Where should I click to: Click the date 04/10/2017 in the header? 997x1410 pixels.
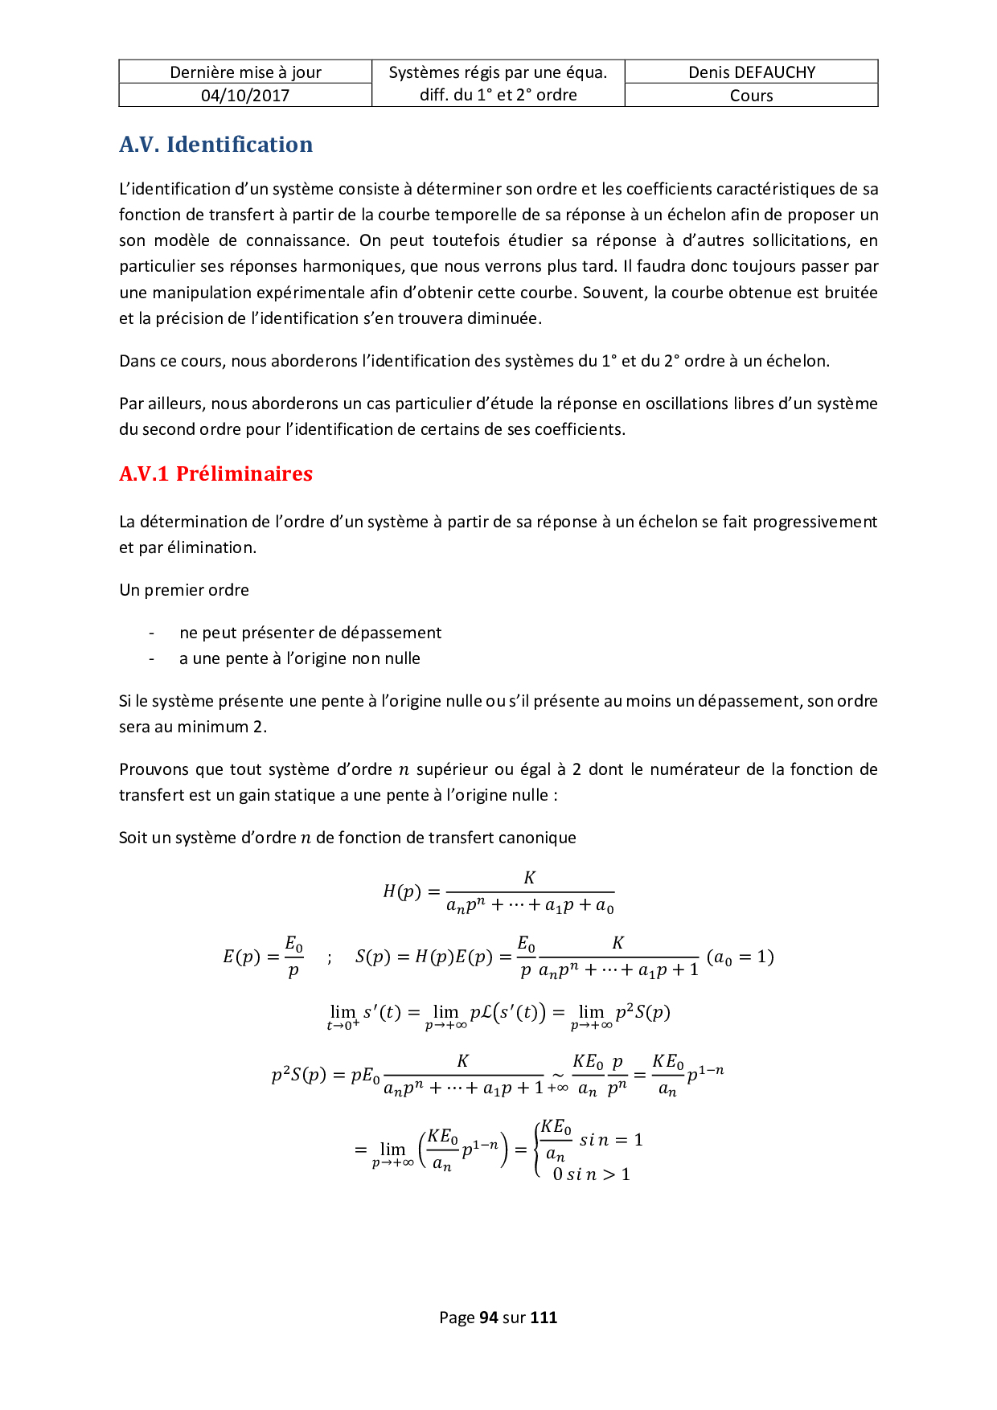tap(245, 95)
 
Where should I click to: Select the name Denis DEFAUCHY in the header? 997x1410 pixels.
tap(751, 72)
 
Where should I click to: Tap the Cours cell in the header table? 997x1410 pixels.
tap(751, 96)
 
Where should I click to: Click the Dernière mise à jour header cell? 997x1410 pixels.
tap(245, 72)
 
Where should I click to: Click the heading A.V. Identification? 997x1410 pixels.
tap(215, 145)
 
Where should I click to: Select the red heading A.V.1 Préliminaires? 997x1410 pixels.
tap(215, 473)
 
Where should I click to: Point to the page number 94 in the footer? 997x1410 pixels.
tap(488, 1317)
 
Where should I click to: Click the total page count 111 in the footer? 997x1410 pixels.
tap(544, 1317)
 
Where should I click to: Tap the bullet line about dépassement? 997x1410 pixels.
tap(310, 633)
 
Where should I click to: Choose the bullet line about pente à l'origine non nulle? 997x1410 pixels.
tap(299, 658)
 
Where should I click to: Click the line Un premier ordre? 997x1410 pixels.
tap(184, 590)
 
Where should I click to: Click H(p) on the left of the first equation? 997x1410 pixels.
tap(401, 891)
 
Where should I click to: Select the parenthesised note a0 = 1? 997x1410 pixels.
tap(740, 957)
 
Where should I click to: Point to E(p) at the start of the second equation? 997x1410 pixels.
tap(241, 957)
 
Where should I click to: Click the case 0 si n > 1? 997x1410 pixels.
tap(591, 1174)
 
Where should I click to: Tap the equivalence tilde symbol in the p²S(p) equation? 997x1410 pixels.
tap(556, 1074)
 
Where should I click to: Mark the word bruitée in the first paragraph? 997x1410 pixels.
tap(851, 293)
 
